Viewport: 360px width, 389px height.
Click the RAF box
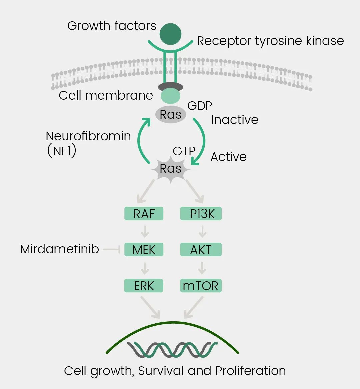(144, 214)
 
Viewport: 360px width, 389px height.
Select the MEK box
(144, 250)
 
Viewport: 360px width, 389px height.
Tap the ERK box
(144, 286)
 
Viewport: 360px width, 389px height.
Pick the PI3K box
(201, 214)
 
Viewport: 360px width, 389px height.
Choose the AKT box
(201, 250)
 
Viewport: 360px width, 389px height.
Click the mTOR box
(201, 286)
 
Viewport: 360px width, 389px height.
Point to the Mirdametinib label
(59, 249)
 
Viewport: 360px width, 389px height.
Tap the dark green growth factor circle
(170, 34)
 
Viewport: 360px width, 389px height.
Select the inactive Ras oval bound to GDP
(170, 115)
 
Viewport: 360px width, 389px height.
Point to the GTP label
(184, 151)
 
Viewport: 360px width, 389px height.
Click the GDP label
(200, 106)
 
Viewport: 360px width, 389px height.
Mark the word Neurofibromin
(88, 136)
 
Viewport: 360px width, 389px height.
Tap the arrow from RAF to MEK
(145, 231)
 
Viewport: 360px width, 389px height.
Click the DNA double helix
(172, 350)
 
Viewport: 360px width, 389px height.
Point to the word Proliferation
(250, 371)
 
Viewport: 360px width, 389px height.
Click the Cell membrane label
(106, 95)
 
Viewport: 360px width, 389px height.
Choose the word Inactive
(235, 120)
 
